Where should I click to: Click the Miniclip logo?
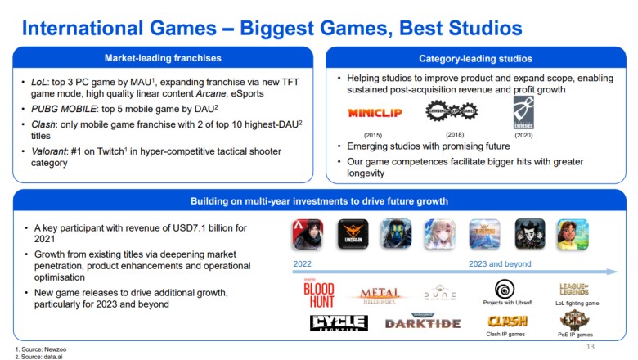point(375,112)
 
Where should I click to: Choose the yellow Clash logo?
point(507,321)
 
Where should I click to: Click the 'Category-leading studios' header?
point(475,58)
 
